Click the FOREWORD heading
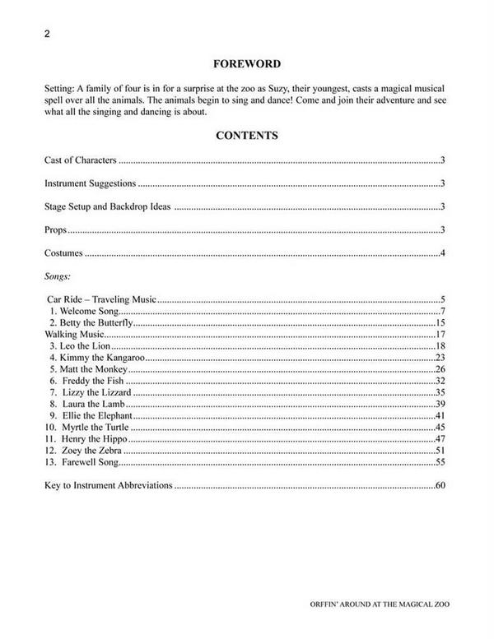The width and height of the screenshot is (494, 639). [246, 63]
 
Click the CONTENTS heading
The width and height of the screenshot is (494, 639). [246, 135]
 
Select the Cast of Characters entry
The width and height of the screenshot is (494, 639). [81, 160]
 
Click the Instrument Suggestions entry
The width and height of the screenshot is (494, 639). [90, 183]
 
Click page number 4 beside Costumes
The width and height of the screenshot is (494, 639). [443, 252]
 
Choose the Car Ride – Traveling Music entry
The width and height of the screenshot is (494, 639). [101, 301]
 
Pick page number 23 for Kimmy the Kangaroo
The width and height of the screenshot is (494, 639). [440, 358]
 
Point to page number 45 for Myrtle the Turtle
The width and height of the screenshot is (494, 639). [440, 428]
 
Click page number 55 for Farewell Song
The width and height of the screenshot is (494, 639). [440, 462]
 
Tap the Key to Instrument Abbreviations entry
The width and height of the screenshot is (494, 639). [108, 486]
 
